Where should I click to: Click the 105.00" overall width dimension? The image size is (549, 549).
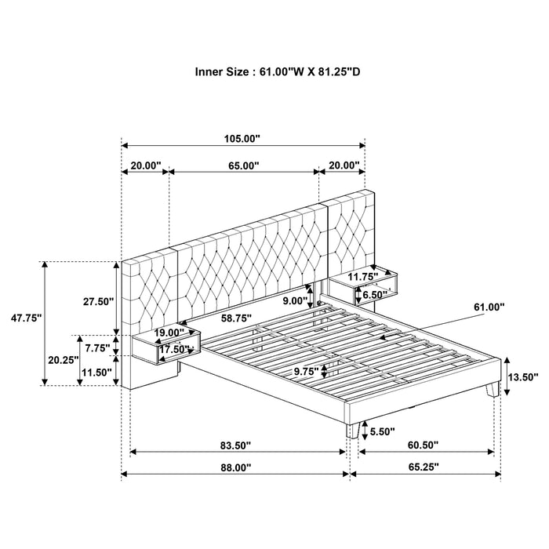point(242,139)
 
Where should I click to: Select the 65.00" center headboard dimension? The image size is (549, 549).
point(243,165)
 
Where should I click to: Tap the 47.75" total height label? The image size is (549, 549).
point(23,318)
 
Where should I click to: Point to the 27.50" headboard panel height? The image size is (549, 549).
point(98,300)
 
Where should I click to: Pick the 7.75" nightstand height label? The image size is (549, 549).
point(98,347)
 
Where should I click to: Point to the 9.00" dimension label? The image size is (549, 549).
point(296,300)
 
